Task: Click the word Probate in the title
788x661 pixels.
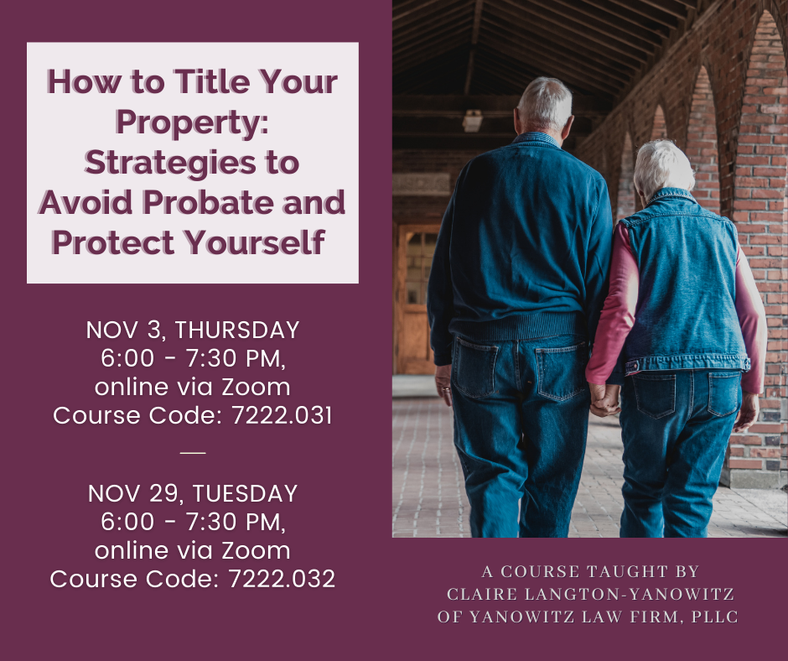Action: pos(209,202)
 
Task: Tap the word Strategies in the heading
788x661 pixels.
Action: pos(171,164)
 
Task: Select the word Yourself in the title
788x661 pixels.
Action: pos(255,242)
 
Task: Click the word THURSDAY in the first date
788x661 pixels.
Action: pos(236,330)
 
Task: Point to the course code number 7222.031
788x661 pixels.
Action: pos(282,415)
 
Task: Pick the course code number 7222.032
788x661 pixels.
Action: pos(282,579)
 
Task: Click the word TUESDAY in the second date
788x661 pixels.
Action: pos(246,493)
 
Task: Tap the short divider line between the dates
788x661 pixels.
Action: pos(193,453)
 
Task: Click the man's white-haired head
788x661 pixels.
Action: pos(545,104)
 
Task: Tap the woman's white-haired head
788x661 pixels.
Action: pos(663,168)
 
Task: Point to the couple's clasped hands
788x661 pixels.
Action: pos(604,400)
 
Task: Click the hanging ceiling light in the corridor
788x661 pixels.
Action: pos(472,122)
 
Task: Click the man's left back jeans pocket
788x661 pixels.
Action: pos(475,367)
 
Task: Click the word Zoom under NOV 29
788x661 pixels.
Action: pos(256,551)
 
